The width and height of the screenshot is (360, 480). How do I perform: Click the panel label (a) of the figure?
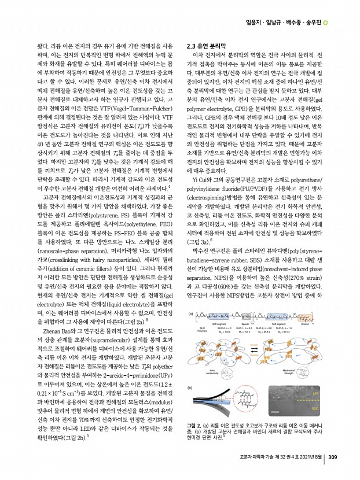(189, 313)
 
